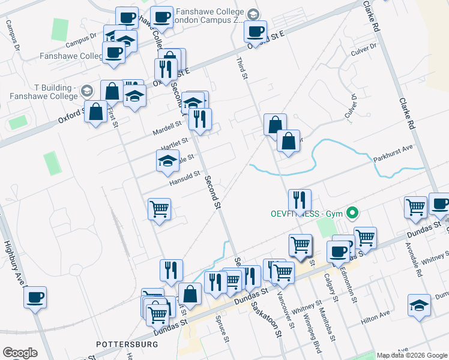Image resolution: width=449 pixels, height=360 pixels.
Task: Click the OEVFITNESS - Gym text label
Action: [x=306, y=214]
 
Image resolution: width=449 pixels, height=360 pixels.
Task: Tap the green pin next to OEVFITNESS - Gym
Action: [x=353, y=213]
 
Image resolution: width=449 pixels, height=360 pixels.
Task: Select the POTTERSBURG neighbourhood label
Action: [x=127, y=344]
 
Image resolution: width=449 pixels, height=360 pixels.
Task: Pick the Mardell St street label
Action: [x=167, y=126]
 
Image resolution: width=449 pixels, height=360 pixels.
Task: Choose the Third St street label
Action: [x=242, y=68]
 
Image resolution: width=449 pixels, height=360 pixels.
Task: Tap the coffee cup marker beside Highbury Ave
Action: [x=35, y=296]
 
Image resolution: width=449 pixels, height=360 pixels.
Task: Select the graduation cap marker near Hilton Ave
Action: [x=418, y=304]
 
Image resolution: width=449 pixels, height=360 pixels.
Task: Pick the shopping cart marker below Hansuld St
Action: [x=159, y=209]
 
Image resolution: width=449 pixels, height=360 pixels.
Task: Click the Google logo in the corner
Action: [x=20, y=352]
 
